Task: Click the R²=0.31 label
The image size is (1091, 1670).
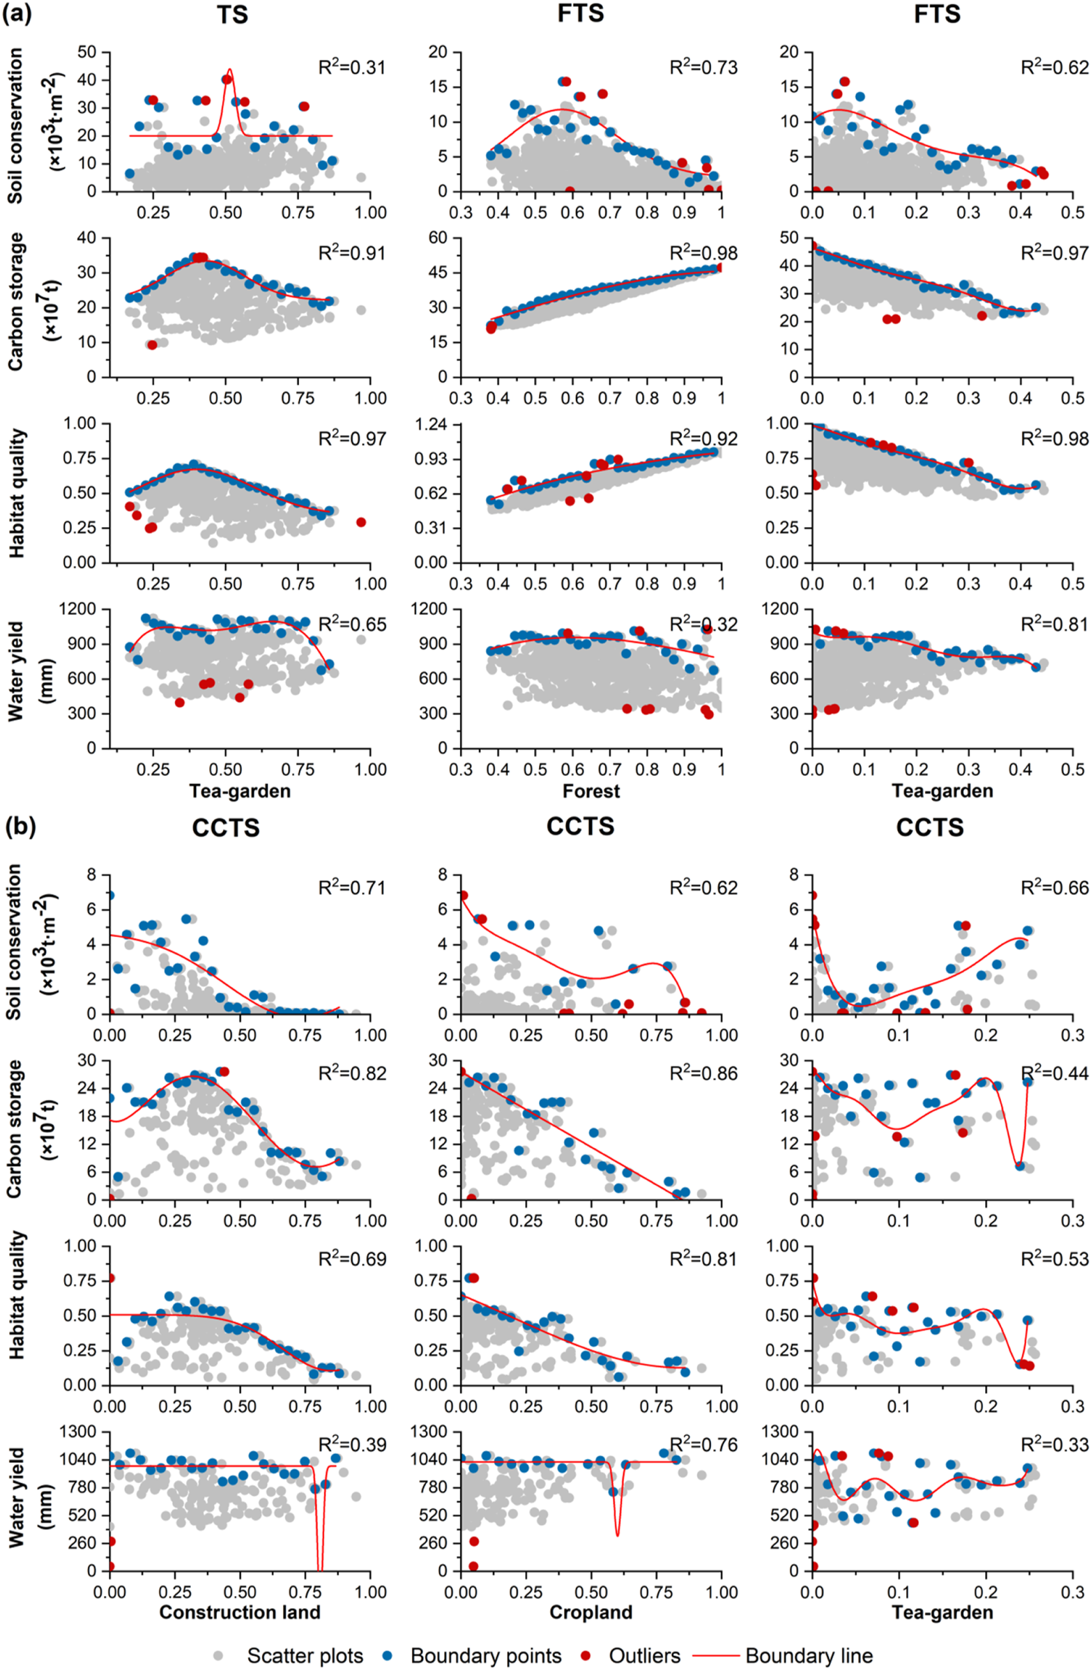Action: tap(351, 68)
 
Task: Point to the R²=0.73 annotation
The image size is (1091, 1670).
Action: tap(703, 68)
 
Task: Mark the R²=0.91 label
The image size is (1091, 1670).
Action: tap(351, 253)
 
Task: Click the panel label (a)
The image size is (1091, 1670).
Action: tap(17, 13)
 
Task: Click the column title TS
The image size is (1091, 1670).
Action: tap(231, 15)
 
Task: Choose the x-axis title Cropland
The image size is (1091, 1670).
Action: tap(590, 1592)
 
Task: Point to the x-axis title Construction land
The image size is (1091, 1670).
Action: tap(239, 1592)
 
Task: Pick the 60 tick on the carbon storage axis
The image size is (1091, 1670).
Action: tap(440, 238)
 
